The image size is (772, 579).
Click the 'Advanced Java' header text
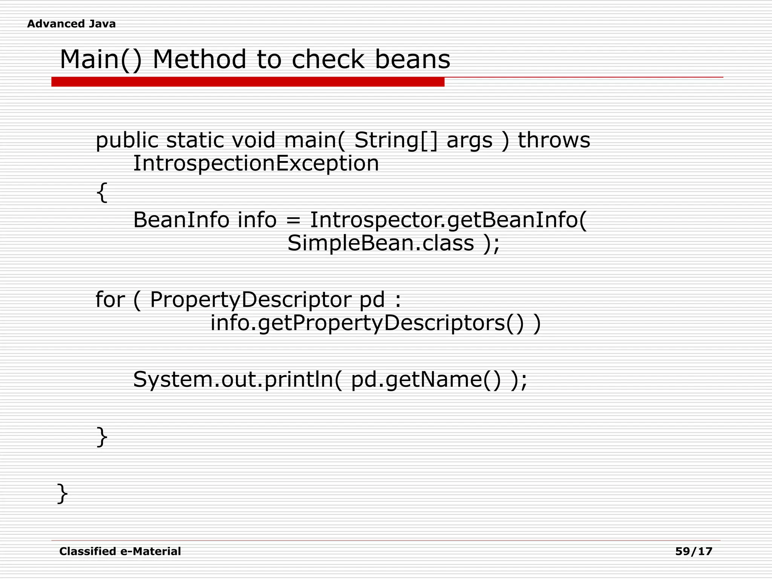71,24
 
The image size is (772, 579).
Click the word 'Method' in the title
199,60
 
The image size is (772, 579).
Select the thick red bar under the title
248,82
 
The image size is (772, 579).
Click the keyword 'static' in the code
195,140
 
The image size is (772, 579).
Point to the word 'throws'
554,140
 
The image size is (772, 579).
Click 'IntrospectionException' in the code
256,164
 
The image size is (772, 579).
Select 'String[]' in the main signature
396,140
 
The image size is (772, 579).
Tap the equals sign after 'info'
293,220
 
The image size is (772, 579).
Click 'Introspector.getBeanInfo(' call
448,220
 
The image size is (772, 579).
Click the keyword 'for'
110,300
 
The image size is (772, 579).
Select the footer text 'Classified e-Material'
120,551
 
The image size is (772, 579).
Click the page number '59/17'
694,551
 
